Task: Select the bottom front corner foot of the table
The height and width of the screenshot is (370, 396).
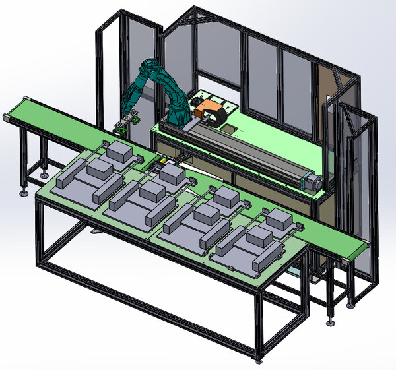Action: click(258, 361)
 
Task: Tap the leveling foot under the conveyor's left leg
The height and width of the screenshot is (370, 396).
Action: click(24, 193)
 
